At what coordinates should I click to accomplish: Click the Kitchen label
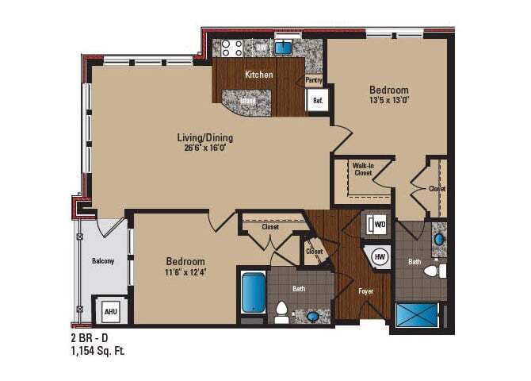(x=259, y=75)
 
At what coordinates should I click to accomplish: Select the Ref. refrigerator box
(x=317, y=101)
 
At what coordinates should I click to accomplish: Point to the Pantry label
(x=314, y=79)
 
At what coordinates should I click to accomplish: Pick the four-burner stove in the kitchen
(x=232, y=48)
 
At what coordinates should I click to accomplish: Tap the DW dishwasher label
(x=260, y=47)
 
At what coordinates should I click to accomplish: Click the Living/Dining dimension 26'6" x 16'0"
(x=205, y=148)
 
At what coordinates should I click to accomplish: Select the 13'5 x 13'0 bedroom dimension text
(x=388, y=100)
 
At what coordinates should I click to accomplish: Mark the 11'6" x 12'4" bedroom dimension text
(x=185, y=272)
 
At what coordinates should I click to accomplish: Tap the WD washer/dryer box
(x=379, y=225)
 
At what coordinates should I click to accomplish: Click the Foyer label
(x=365, y=291)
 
